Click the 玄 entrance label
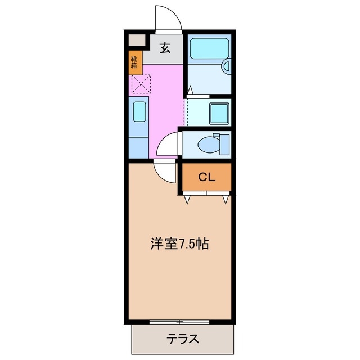click(x=165, y=49)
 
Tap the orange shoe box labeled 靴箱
click(x=134, y=62)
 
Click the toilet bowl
click(x=209, y=144)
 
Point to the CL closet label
click(x=206, y=177)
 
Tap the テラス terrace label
click(x=182, y=339)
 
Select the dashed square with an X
click(x=141, y=84)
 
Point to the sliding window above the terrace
click(x=180, y=322)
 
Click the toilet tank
click(x=224, y=143)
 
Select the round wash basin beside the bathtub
click(x=227, y=66)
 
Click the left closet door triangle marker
click(x=187, y=198)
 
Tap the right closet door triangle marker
click(x=226, y=199)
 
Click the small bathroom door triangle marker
click(x=190, y=89)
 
